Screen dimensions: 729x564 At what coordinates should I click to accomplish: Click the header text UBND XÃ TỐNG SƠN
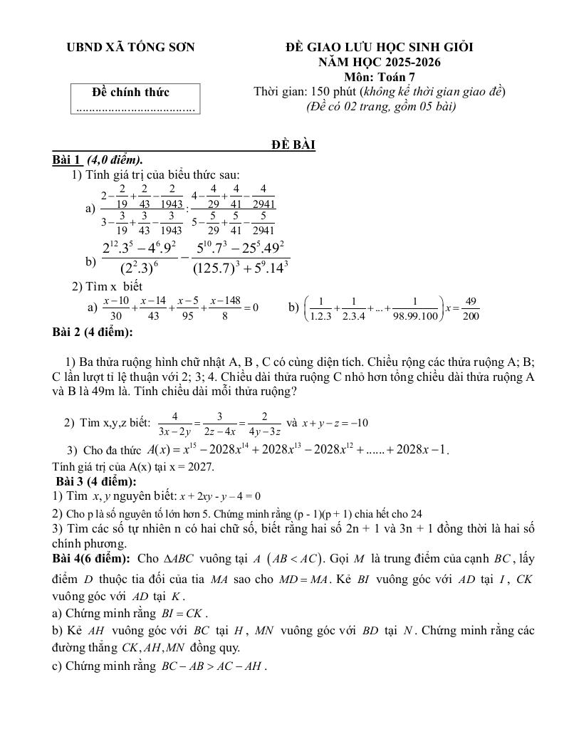point(130,48)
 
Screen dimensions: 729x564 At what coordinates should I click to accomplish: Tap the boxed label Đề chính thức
point(131,92)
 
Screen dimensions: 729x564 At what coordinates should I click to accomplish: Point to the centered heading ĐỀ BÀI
point(293,145)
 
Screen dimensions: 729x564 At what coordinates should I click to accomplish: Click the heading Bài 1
point(68,159)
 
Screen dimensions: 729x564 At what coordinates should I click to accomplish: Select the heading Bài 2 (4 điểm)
point(93,332)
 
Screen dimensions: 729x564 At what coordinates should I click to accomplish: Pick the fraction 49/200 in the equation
point(470,308)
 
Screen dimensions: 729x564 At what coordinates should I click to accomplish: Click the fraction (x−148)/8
point(225,308)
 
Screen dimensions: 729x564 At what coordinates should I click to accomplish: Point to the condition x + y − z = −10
point(334,423)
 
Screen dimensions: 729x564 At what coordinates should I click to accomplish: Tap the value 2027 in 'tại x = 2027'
point(199,467)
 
